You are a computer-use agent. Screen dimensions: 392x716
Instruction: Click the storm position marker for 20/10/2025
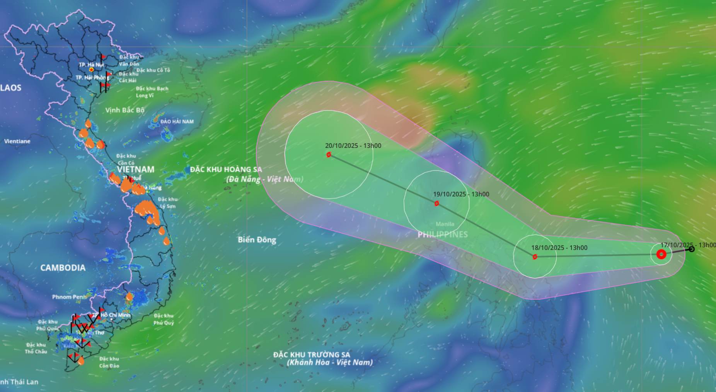tap(329, 154)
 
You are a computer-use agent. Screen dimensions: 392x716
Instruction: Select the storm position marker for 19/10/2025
tap(436, 204)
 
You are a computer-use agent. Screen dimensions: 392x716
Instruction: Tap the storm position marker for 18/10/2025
tap(535, 257)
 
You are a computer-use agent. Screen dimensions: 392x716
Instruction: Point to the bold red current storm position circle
tap(661, 254)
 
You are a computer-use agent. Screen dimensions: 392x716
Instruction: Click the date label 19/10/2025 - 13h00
tap(461, 194)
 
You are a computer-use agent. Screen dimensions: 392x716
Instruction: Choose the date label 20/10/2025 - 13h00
tap(353, 146)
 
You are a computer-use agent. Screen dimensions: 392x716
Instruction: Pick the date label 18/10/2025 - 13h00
tap(559, 248)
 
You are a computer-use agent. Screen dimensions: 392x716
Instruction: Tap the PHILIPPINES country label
tap(442, 234)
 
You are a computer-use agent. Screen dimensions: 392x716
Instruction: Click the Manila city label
tap(445, 224)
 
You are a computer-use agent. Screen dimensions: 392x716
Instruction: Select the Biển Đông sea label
tap(257, 240)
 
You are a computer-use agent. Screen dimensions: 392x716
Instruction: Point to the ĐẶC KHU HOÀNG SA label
tap(226, 170)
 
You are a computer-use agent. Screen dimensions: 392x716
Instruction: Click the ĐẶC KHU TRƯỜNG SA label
tap(312, 355)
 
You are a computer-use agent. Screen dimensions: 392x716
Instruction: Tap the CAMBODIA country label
tap(63, 268)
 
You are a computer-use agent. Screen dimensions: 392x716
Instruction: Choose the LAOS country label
tap(11, 88)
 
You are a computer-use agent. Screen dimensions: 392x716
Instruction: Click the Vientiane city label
tap(17, 141)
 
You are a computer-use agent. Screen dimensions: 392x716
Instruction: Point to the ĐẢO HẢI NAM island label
tap(177, 122)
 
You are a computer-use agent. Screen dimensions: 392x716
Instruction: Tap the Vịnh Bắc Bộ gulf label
tap(124, 110)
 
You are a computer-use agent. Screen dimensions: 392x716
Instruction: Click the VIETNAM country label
tap(136, 170)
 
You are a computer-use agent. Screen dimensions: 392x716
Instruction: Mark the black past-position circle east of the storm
tap(692, 249)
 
